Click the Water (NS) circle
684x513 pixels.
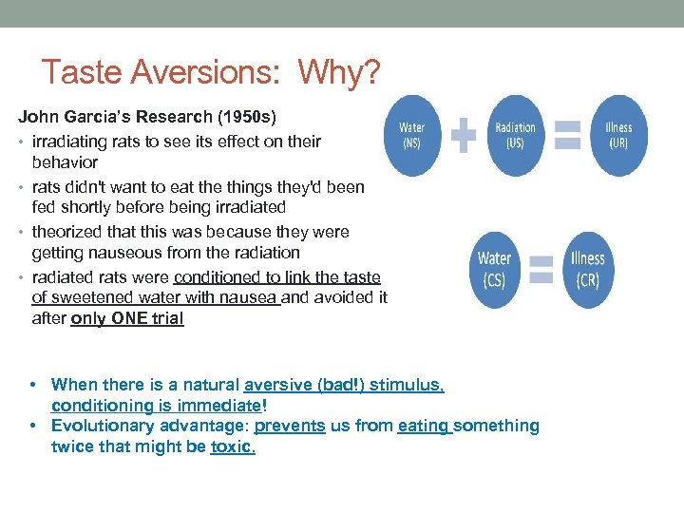tap(411, 135)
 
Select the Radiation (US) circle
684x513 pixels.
tap(515, 135)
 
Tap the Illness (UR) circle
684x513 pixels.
tap(617, 135)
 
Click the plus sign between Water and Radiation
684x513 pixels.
tap(464, 135)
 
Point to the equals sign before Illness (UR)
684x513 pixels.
tap(566, 135)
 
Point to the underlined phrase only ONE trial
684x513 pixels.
tap(127, 319)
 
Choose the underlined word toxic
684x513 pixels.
tap(233, 446)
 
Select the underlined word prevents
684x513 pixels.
tap(290, 426)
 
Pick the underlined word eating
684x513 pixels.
tap(425, 426)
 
